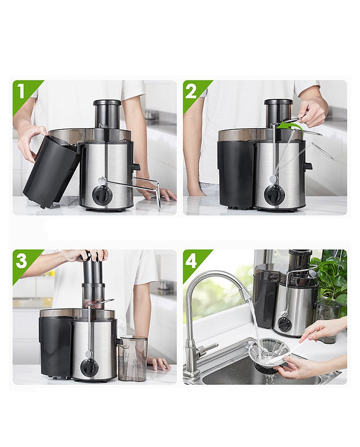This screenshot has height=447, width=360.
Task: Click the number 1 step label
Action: tap(21, 91)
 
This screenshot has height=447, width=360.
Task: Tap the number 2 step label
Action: tap(191, 91)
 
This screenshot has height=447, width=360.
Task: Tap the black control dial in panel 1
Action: tap(102, 194)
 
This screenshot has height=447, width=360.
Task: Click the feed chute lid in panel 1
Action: tap(107, 102)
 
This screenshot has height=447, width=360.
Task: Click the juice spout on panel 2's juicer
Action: tap(308, 167)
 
